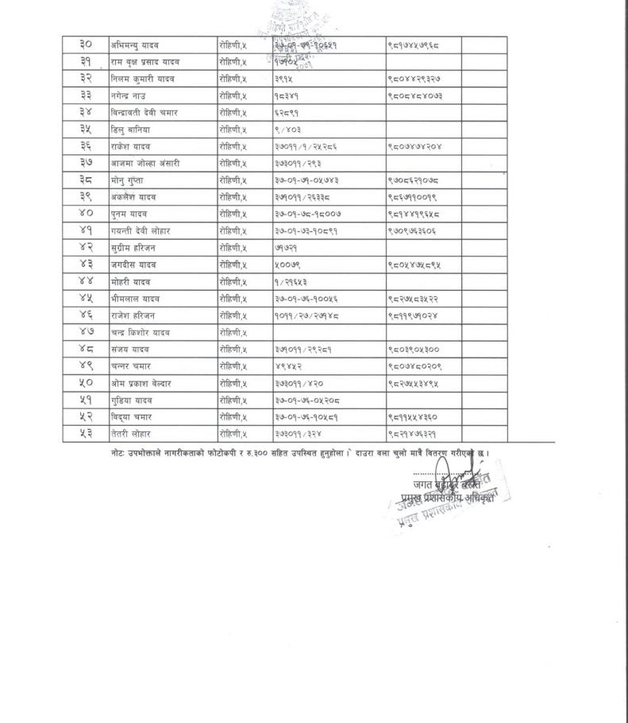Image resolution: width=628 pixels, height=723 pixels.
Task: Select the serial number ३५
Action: (x=86, y=130)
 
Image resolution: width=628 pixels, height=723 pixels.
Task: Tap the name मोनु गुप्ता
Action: (x=132, y=180)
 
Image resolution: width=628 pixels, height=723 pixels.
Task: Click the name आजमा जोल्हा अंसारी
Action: (x=145, y=163)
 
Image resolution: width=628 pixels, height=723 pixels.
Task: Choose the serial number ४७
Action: (x=86, y=332)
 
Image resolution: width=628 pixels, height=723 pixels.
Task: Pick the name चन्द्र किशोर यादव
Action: (x=141, y=332)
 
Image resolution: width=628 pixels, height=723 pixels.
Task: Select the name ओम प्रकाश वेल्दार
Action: (x=142, y=383)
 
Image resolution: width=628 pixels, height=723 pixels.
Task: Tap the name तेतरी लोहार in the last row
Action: (x=131, y=434)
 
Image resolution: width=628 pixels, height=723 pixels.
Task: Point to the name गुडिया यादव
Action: (x=132, y=400)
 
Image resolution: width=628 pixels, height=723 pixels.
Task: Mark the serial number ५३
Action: (x=86, y=434)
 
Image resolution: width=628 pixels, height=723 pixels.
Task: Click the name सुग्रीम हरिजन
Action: (x=133, y=248)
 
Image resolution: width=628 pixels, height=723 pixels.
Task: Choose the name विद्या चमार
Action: (x=131, y=416)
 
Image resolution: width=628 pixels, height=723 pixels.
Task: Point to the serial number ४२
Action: (x=86, y=248)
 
